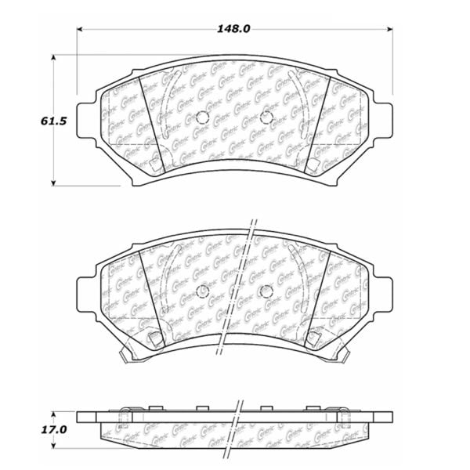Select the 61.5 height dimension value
coord(27,121)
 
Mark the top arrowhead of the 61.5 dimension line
coord(53,59)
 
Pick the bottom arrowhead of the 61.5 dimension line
coord(53,183)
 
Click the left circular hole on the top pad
coord(201,118)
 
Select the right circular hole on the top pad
coord(266,118)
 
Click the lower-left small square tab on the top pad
coord(156,164)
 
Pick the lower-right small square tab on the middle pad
coord(313,338)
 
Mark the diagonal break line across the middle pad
coord(238,290)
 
